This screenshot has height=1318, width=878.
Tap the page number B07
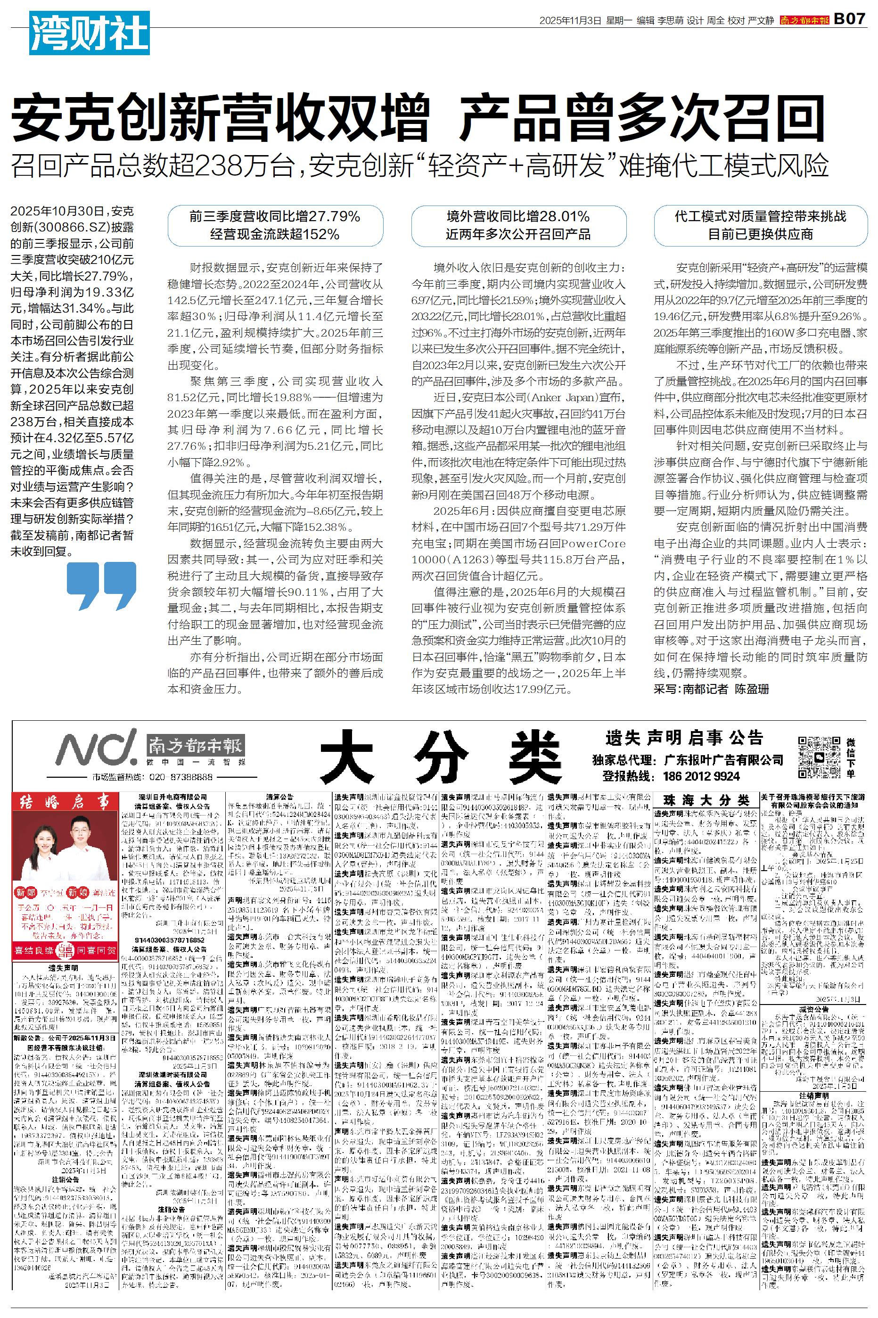[849, 19]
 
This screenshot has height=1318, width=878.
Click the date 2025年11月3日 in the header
[569, 20]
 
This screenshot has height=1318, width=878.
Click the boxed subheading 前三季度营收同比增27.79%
[275, 216]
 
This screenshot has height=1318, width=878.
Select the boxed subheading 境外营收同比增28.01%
[517, 216]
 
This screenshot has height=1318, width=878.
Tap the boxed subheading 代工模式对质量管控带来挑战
[760, 216]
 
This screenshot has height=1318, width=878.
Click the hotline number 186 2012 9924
[701, 776]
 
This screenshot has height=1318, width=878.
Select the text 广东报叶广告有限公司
[723, 760]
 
